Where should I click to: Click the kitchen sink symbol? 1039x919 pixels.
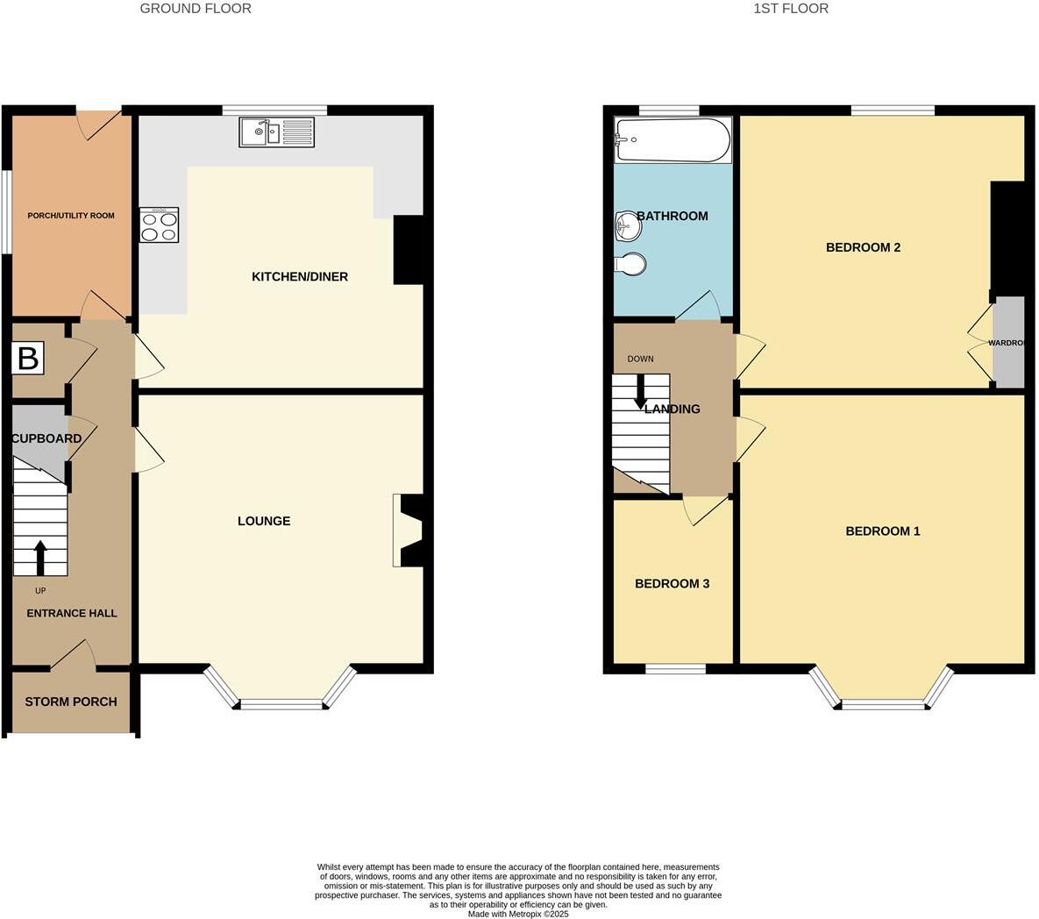275,132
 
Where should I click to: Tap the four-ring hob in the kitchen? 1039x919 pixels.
159,225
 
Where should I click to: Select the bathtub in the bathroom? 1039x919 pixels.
673,140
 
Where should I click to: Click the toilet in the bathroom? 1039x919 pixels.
630,263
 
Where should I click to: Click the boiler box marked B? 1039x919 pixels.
28,359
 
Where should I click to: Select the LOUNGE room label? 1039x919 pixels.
264,521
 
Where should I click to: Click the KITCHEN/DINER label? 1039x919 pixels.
300,277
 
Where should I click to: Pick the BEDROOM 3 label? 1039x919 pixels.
672,584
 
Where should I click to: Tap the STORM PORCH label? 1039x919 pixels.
71,702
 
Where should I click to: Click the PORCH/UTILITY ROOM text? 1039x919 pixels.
71,216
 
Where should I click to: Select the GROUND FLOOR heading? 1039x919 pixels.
196,9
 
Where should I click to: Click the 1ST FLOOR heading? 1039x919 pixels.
790,9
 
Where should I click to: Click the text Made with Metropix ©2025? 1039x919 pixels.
518,914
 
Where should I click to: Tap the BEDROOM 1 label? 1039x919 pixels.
882,531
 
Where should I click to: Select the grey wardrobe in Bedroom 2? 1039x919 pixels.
1008,343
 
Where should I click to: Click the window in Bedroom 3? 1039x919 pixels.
676,669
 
